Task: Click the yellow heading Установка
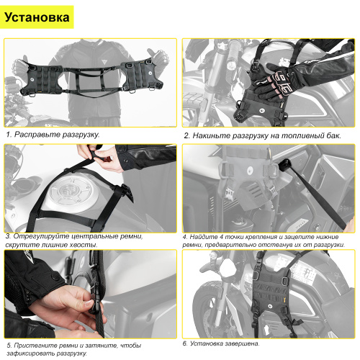coord(38,17)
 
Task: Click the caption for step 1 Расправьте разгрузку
coord(53,134)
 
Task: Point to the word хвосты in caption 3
coord(80,246)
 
